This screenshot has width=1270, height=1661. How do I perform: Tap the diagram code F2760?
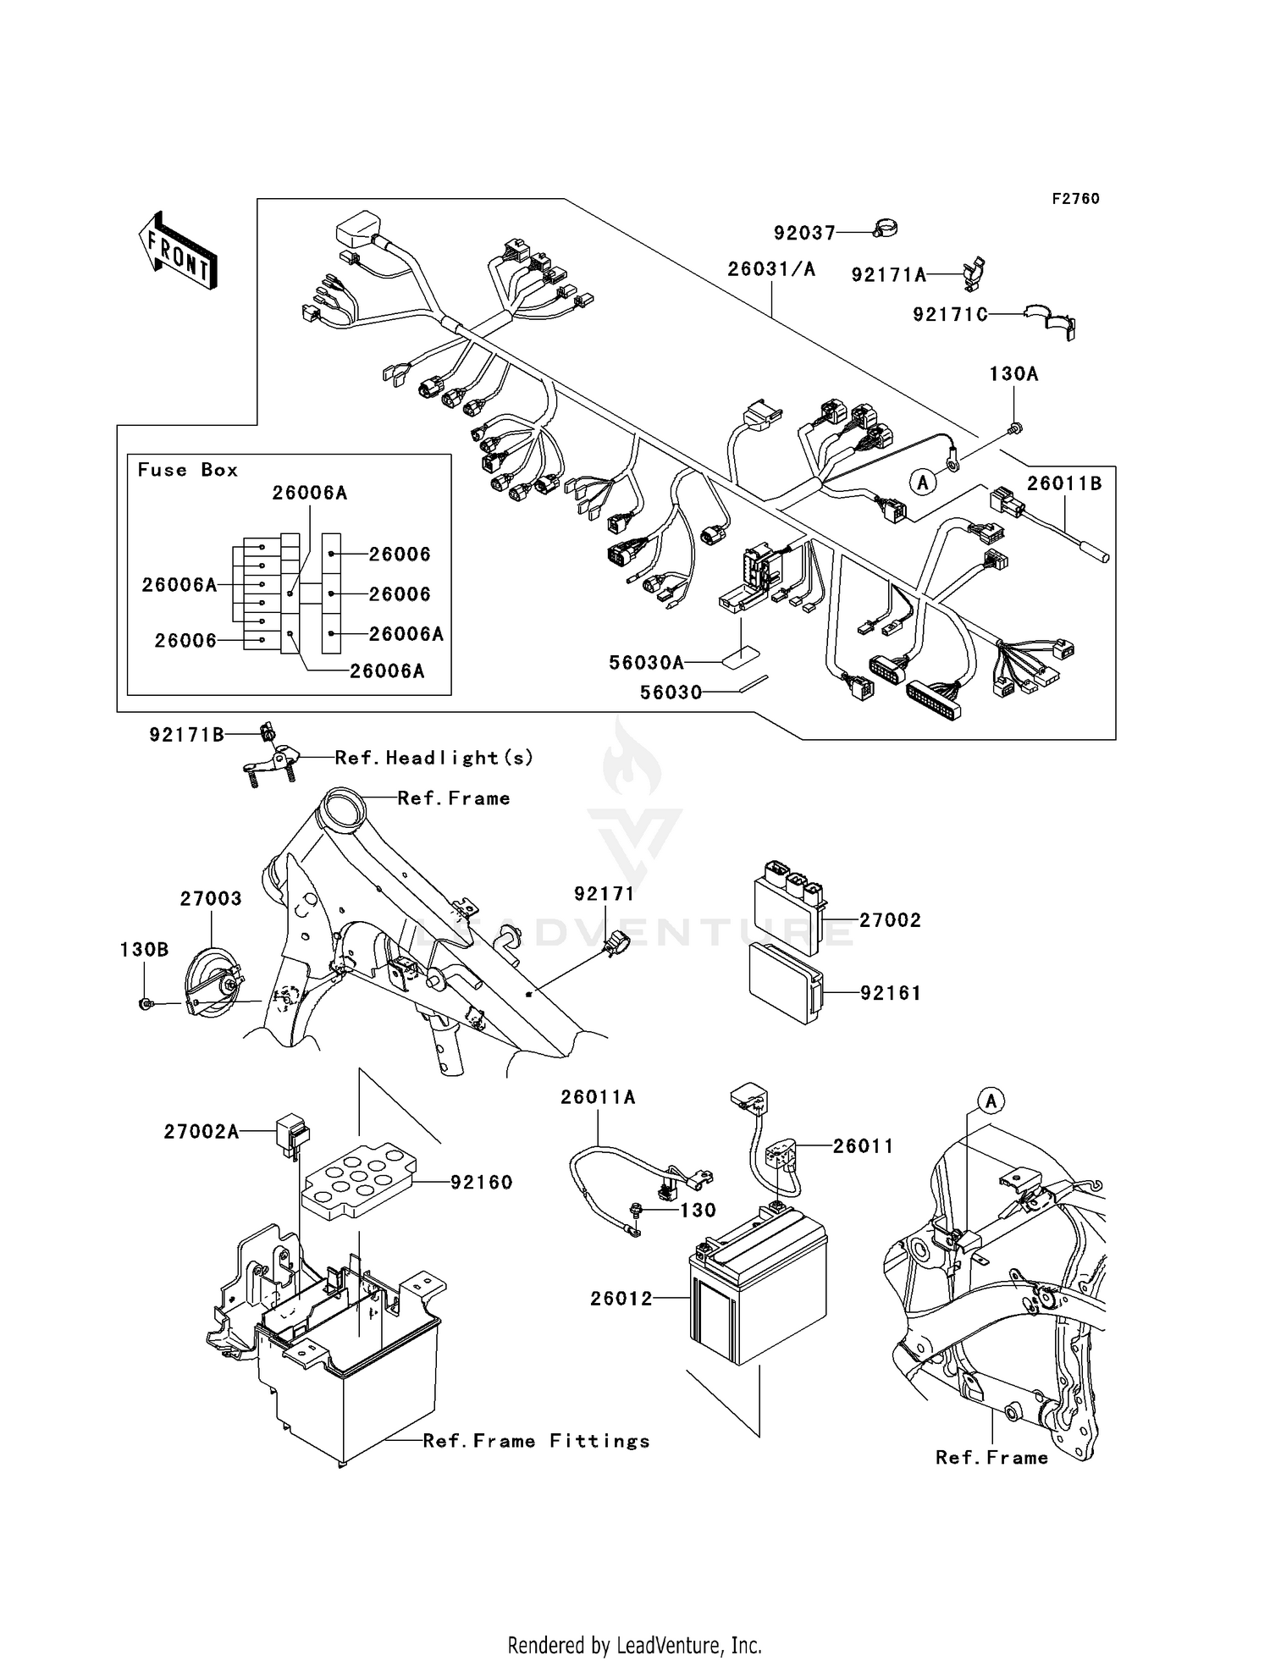(x=1075, y=199)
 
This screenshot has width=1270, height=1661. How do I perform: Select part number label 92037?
(x=803, y=233)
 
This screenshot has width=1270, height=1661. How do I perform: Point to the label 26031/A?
(x=771, y=269)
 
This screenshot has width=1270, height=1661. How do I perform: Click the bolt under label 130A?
(x=1015, y=431)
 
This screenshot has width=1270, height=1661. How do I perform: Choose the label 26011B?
(x=1064, y=483)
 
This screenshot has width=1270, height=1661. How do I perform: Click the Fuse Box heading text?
(x=188, y=470)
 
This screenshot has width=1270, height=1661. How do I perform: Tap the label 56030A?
(x=645, y=663)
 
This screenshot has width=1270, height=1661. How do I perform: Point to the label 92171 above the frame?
(x=604, y=894)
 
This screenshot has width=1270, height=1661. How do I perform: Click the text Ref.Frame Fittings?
(x=536, y=1441)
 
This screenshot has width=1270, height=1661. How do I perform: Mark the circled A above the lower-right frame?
(x=991, y=1101)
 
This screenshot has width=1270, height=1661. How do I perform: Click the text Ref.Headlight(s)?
(x=433, y=758)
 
